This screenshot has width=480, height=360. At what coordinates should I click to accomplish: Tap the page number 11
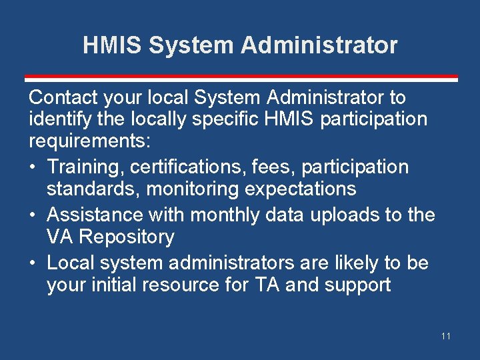445,336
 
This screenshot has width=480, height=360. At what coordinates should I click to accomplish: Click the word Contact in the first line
65,97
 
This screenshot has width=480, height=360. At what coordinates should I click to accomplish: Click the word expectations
301,189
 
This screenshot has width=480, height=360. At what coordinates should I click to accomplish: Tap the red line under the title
240,77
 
